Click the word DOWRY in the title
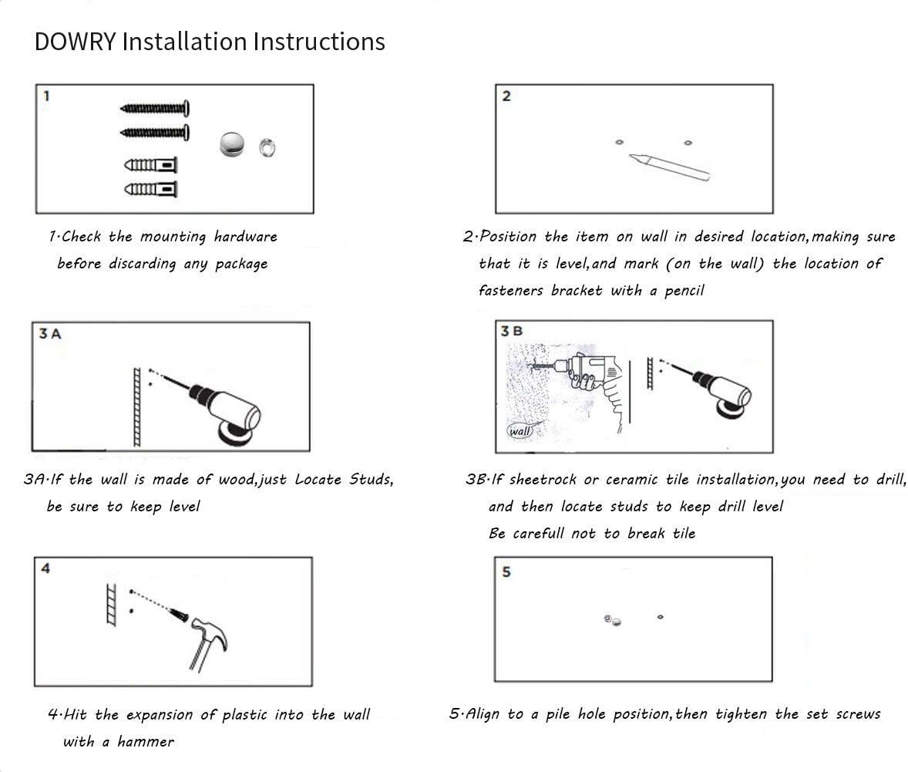pyautogui.click(x=75, y=41)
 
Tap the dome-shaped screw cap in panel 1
pyautogui.click(x=232, y=144)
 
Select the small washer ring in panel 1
pyautogui.click(x=267, y=146)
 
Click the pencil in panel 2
pyautogui.click(x=668, y=166)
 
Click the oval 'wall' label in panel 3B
pyautogui.click(x=520, y=431)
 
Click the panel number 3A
pyautogui.click(x=49, y=333)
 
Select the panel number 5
pyautogui.click(x=506, y=572)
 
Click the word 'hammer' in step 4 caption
pyautogui.click(x=146, y=742)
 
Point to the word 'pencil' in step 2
pyautogui.click(x=684, y=291)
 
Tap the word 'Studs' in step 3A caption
pyautogui.click(x=371, y=480)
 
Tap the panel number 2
pyautogui.click(x=506, y=96)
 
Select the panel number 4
pyautogui.click(x=46, y=569)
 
